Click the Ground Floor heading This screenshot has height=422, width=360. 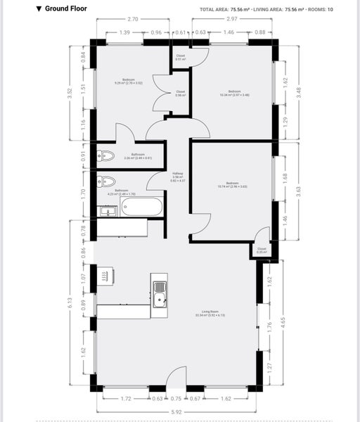(x=65, y=10)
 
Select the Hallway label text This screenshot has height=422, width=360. (x=178, y=175)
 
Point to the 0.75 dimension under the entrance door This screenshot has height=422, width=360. (x=176, y=399)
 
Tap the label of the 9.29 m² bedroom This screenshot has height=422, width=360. (x=129, y=82)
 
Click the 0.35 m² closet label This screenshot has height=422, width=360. (x=262, y=250)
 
